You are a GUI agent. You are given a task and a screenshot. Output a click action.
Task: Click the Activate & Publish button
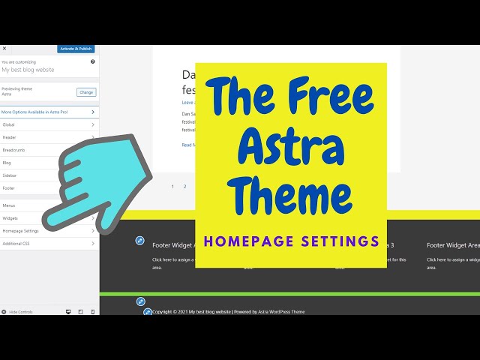click(76, 49)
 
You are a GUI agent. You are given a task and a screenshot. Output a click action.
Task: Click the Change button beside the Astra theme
click(86, 92)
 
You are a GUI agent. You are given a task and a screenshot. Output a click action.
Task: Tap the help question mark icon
click(93, 61)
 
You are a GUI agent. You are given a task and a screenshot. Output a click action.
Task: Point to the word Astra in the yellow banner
click(291, 145)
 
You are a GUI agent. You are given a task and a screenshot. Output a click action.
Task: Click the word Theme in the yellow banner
click(291, 196)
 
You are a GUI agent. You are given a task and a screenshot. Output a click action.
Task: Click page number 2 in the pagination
click(184, 186)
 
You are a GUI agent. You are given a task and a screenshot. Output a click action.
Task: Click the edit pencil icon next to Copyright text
click(148, 312)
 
